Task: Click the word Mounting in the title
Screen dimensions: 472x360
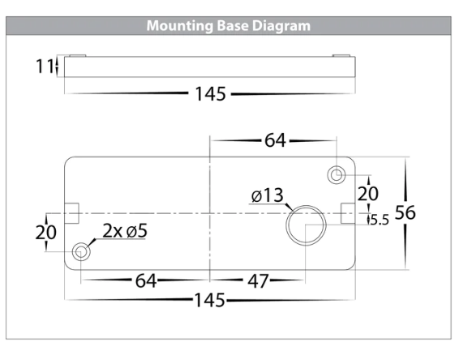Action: [180, 26]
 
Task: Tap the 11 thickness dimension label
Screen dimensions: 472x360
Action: [45, 66]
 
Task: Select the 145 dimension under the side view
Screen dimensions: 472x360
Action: [210, 94]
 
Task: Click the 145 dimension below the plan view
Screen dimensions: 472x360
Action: [209, 300]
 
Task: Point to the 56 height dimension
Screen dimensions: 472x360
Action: [405, 212]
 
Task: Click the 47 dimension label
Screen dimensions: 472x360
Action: [258, 281]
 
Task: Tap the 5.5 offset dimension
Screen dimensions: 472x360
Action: [380, 220]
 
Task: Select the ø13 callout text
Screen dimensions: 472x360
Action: [268, 195]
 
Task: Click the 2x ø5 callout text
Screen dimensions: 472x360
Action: [125, 231]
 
